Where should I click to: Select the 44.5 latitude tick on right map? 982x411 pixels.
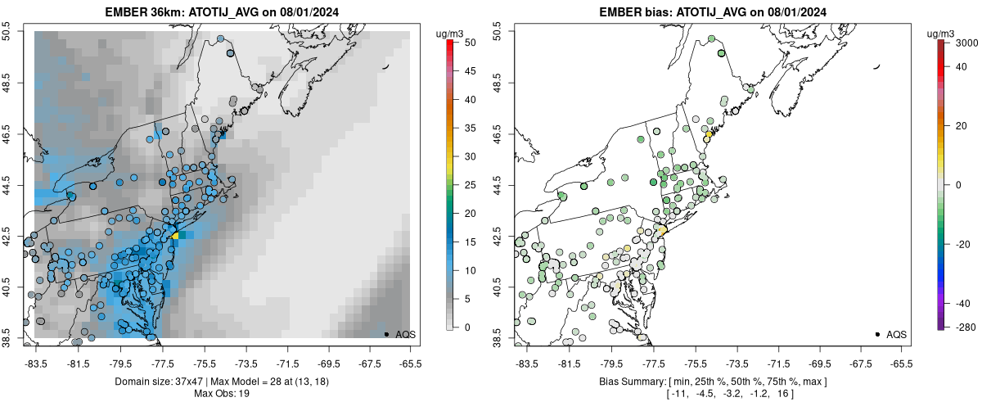(x=498, y=184)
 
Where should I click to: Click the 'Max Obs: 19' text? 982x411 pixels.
(x=222, y=394)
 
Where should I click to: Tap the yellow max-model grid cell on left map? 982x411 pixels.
(x=175, y=236)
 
